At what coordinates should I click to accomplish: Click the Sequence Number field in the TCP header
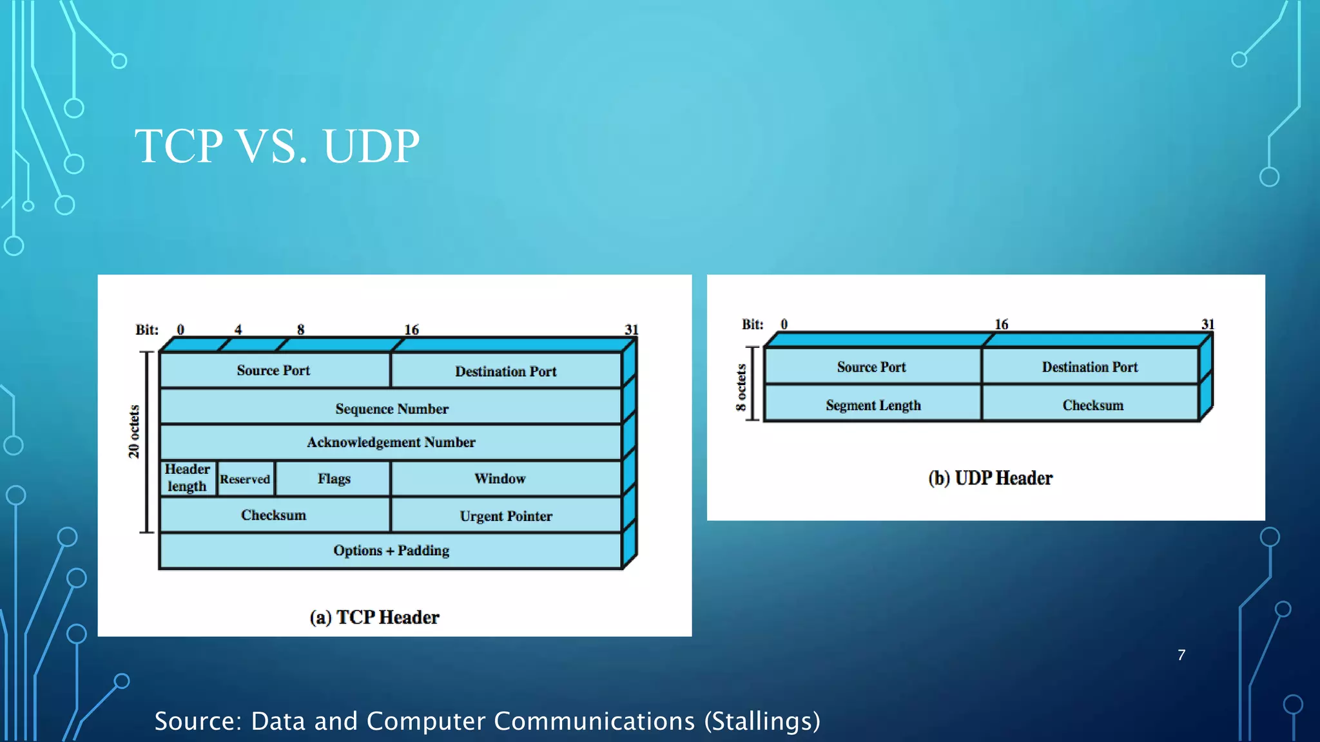click(x=391, y=408)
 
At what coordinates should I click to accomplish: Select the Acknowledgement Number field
click(x=391, y=442)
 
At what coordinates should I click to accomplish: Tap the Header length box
click(x=187, y=478)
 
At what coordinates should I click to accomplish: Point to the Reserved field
click(x=245, y=479)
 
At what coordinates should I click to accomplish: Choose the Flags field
click(x=333, y=479)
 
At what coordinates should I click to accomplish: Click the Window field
click(x=500, y=479)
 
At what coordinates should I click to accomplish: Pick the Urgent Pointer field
click(x=506, y=516)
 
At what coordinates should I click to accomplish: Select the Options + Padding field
click(x=391, y=551)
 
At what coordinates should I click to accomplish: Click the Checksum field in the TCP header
click(x=273, y=515)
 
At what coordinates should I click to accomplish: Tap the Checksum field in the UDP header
click(x=1092, y=405)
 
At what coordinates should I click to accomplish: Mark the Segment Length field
click(x=873, y=405)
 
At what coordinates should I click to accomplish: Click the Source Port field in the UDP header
click(x=871, y=367)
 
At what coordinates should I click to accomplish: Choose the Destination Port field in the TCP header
click(x=506, y=371)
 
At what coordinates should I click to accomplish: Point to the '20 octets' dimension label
click(x=133, y=432)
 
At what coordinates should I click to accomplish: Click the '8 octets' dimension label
click(x=741, y=388)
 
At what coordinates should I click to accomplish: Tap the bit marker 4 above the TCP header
click(x=238, y=330)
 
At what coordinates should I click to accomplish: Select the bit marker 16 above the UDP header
click(x=1001, y=324)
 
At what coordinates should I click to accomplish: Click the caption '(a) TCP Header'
click(x=374, y=617)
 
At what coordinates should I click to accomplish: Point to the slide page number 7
click(x=1181, y=655)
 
